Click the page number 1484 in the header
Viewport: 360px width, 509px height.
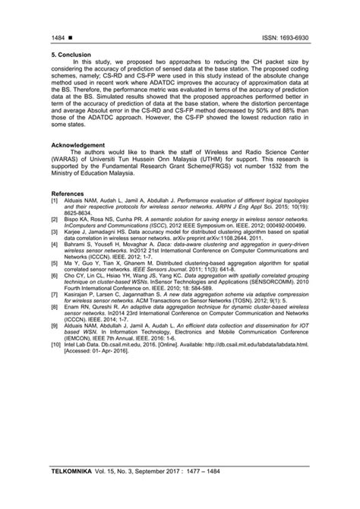(x=59, y=36)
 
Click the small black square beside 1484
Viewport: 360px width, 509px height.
(x=70, y=36)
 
